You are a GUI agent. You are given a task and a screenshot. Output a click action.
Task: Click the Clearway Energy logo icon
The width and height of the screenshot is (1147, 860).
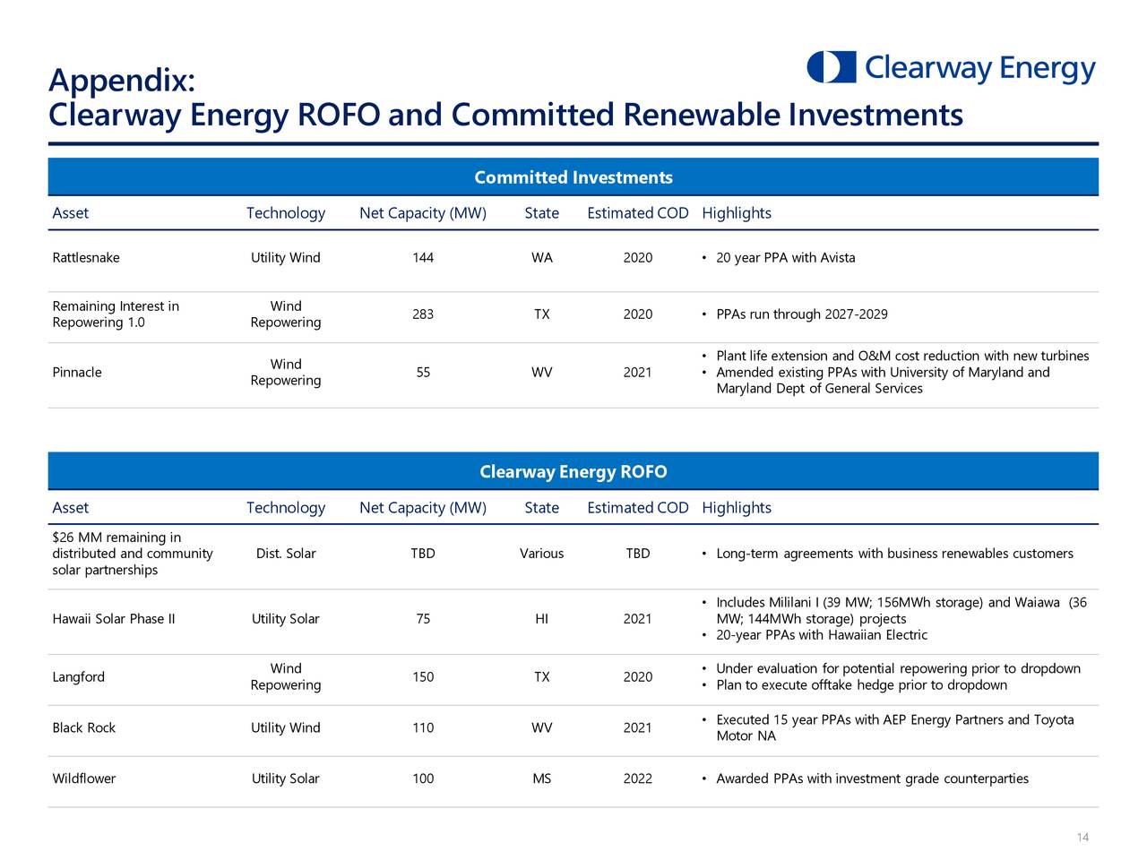point(831,67)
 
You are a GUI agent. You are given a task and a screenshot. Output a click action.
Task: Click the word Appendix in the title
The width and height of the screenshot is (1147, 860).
point(121,81)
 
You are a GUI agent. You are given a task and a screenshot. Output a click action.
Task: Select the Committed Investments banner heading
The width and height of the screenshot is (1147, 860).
point(573,177)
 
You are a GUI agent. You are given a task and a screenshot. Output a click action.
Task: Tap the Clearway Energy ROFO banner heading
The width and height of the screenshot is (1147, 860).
point(573,472)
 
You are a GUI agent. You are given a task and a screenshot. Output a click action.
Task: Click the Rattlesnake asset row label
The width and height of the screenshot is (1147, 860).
point(86,258)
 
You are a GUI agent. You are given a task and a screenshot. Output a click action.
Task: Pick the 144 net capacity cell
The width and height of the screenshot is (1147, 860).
point(423,258)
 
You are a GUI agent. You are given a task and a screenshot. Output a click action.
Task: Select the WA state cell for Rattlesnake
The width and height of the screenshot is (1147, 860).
point(541,258)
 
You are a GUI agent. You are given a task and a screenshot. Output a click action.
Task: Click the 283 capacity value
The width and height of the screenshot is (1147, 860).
point(423,314)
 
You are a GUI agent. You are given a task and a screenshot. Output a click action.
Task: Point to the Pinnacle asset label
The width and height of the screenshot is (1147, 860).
point(77,373)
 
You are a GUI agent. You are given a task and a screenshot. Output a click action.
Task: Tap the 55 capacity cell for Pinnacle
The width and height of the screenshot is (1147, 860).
point(423,373)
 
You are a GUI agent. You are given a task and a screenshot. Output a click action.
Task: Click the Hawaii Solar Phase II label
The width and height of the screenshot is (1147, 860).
point(114,619)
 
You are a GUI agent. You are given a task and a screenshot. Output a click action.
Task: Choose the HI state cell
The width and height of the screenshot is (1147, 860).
point(541,619)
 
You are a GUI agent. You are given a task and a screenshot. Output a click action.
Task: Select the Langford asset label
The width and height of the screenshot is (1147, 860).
point(79,677)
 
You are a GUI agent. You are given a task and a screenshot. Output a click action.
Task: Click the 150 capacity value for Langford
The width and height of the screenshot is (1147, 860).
point(423,677)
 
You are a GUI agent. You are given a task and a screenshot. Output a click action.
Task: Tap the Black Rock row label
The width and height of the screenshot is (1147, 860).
point(84,728)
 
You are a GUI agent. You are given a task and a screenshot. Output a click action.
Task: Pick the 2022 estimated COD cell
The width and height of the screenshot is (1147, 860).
point(637,779)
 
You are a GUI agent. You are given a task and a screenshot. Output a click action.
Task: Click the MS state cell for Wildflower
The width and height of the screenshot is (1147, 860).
point(541,779)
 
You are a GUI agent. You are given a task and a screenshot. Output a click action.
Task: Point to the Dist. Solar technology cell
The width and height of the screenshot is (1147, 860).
point(286,554)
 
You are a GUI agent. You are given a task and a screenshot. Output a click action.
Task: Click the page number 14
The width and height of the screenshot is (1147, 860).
point(1082,838)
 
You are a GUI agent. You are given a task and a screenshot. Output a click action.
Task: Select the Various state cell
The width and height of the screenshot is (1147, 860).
point(541,554)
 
